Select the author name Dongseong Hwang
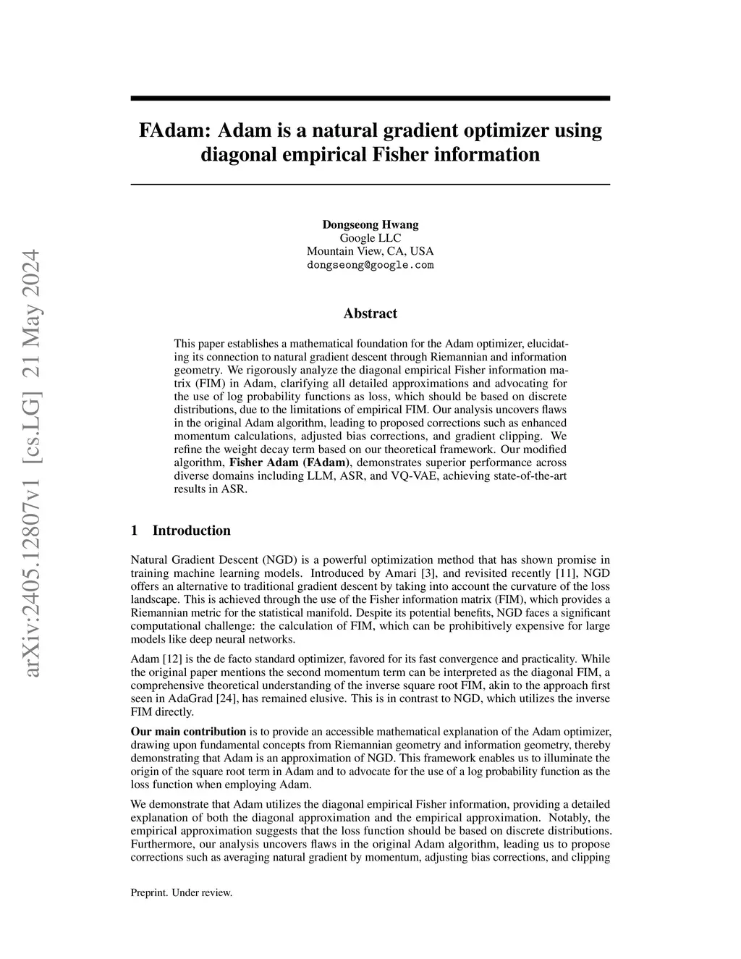pyautogui.click(x=370, y=224)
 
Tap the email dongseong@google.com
pyautogui.click(x=370, y=265)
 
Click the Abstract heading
pyautogui.click(x=370, y=313)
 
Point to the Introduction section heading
pyautogui.click(x=191, y=531)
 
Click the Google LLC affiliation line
pyautogui.click(x=370, y=238)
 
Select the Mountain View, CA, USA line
pyautogui.click(x=370, y=251)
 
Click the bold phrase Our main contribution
pyautogui.click(x=188, y=732)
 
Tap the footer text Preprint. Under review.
pyautogui.click(x=181, y=893)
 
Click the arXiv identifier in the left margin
pyautogui.click(x=33, y=463)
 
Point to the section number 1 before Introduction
pyautogui.click(x=135, y=531)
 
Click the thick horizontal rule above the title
pyautogui.click(x=370, y=98)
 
